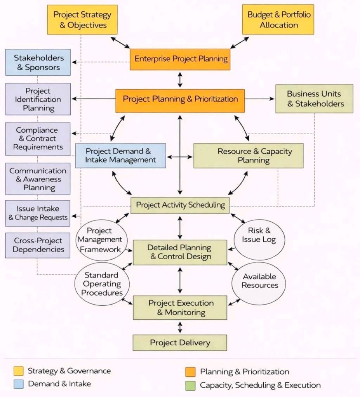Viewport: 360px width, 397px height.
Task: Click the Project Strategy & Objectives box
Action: [x=82, y=20]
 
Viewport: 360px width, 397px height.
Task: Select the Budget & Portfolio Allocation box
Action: [x=279, y=20]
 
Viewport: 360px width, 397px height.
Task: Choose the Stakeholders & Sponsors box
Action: [x=38, y=62]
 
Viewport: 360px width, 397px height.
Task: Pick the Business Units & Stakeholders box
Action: [x=314, y=99]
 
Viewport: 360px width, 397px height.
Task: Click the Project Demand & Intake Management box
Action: [x=120, y=155]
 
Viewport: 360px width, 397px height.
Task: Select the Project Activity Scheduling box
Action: [x=180, y=205]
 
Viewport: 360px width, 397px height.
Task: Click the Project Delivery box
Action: [x=180, y=343]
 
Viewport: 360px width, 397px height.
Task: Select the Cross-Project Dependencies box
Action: [x=38, y=245]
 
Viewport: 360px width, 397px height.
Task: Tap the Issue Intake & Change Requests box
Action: [x=38, y=213]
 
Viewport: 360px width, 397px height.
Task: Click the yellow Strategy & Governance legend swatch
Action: [x=19, y=371]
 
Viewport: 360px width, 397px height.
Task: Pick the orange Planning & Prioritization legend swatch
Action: [x=190, y=372]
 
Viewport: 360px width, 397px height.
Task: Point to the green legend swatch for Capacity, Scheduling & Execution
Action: [x=190, y=385]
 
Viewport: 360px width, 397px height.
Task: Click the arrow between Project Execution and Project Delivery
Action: [x=180, y=327]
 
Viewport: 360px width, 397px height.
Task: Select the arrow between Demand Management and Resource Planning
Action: [x=179, y=157]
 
